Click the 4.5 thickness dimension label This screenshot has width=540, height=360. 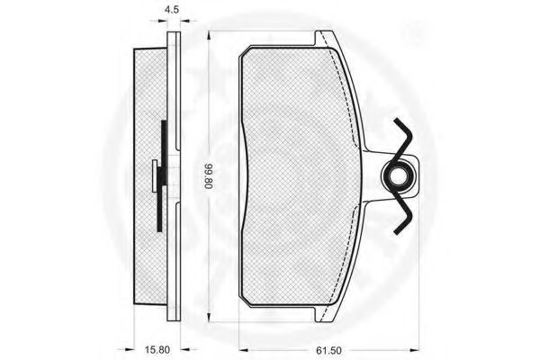pos(172,9)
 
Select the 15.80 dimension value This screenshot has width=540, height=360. pos(157,350)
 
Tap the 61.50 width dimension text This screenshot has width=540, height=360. pos(328,350)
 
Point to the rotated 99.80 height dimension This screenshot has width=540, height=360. pos(209,176)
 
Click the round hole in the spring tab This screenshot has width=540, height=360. pos(398,176)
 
